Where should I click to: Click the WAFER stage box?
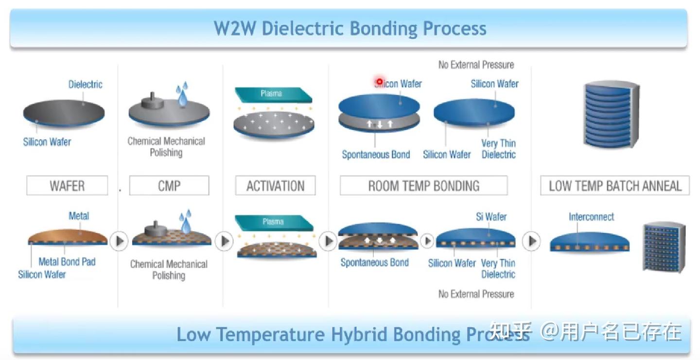(67, 186)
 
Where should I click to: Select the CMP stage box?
(169, 186)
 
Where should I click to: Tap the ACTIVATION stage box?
(275, 186)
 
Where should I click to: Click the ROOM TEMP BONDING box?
(423, 186)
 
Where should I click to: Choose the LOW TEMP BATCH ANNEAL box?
(615, 186)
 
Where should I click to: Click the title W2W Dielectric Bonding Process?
(350, 28)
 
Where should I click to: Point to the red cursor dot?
(379, 82)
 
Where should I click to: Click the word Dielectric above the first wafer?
(85, 85)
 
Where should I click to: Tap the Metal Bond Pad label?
(67, 261)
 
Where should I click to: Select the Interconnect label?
(591, 217)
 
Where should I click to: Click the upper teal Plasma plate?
(272, 94)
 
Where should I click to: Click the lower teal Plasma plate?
(273, 222)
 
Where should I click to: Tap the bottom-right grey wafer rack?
(664, 247)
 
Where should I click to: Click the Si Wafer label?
(491, 217)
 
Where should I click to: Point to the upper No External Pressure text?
(476, 65)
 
